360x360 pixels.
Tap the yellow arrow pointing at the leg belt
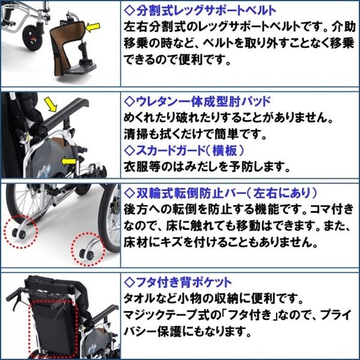[93, 26]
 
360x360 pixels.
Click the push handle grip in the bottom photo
[18, 295]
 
